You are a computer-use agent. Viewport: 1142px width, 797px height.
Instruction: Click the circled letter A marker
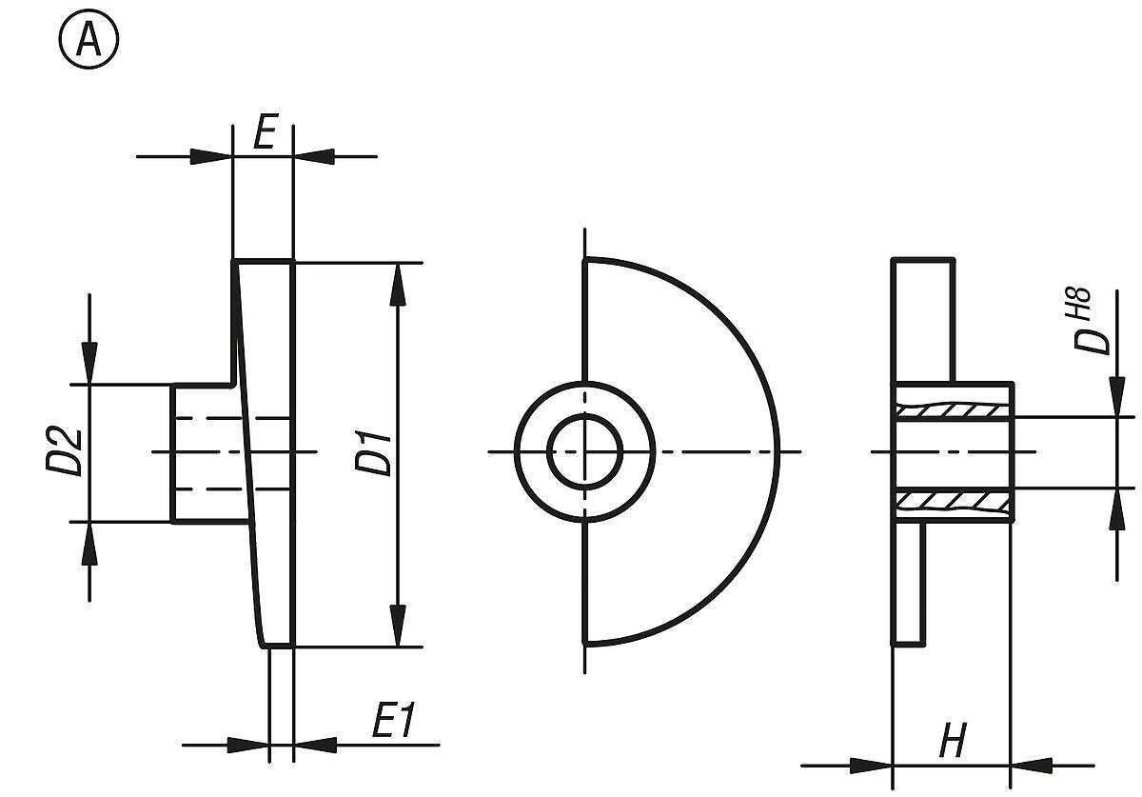(89, 42)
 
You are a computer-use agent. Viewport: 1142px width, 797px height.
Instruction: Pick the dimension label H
(952, 740)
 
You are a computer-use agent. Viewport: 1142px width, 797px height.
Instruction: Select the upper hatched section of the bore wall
(952, 410)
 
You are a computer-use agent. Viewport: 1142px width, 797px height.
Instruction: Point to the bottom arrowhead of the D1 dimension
(400, 626)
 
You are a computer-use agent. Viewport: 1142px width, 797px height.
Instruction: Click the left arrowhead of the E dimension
(211, 156)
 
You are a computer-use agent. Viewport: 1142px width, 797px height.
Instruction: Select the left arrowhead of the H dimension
(871, 765)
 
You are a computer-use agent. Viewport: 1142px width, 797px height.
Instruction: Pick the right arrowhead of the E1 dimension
(315, 745)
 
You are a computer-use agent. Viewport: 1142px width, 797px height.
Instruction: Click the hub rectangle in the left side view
(205, 453)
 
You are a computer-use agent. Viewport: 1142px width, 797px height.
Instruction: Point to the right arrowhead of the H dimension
(1033, 765)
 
